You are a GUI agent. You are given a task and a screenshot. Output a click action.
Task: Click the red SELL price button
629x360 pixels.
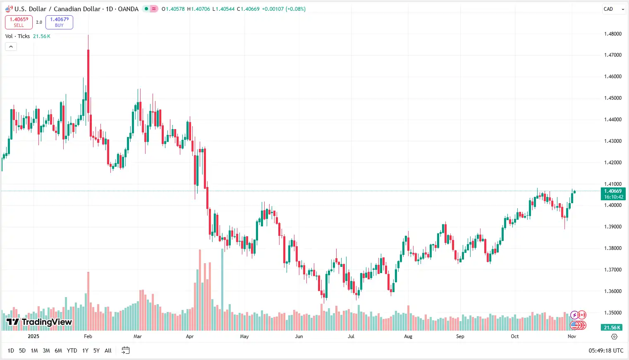point(19,22)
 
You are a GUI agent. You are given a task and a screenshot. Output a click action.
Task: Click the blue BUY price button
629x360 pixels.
point(59,22)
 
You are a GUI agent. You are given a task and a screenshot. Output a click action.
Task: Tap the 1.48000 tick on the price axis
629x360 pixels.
point(612,34)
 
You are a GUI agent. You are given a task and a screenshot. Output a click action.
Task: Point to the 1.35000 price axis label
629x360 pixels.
point(612,313)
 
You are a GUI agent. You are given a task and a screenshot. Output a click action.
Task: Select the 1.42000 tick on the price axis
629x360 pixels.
point(612,163)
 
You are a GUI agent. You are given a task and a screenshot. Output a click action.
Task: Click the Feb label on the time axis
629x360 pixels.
point(88,336)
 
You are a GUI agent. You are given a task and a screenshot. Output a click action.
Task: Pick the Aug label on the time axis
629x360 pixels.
point(408,336)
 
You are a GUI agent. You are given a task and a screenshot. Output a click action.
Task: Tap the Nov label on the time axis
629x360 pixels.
point(572,336)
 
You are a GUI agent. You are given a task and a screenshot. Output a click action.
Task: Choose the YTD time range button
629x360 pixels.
point(72,350)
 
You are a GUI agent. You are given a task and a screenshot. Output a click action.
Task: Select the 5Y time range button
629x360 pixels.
point(96,350)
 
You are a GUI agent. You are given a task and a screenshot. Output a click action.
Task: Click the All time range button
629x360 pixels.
point(108,350)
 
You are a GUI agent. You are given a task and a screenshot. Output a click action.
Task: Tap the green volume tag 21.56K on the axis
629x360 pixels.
point(612,327)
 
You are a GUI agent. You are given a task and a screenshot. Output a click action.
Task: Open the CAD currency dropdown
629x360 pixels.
point(614,9)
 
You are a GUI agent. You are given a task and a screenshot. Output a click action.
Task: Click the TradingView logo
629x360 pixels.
point(39,322)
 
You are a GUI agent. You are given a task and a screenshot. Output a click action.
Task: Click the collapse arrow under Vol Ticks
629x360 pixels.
point(11,47)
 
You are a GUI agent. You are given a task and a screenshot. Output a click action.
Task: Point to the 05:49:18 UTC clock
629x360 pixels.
point(605,350)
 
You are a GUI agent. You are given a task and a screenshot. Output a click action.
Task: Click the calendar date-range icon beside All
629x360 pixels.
point(126,350)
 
